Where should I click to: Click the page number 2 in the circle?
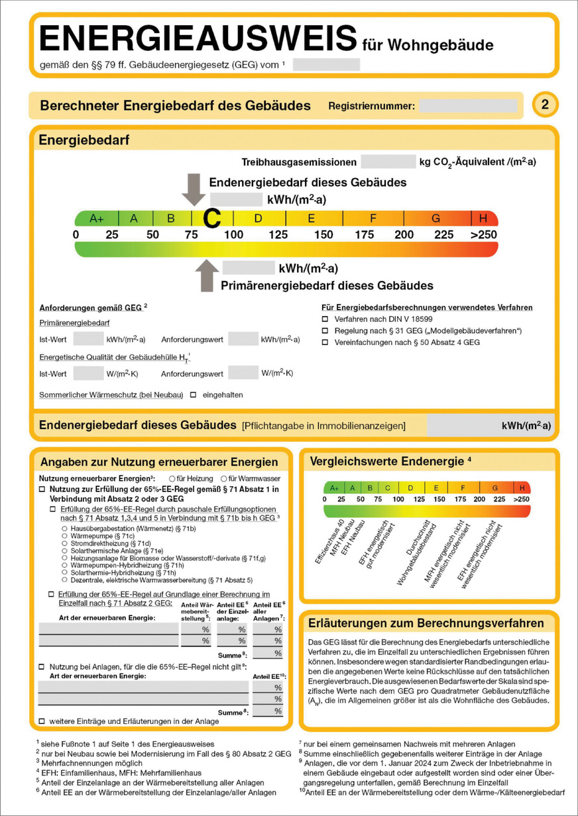click(545, 105)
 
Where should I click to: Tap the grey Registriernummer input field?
click(468, 105)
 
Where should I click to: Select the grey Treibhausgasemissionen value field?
click(388, 162)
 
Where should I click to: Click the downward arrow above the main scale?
click(194, 189)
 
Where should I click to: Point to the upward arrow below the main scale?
click(207, 274)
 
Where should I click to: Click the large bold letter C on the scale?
click(211, 217)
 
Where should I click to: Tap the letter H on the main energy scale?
click(483, 218)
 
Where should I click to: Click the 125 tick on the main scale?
click(278, 235)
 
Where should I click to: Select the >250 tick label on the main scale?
click(483, 235)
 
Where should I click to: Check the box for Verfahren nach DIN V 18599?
click(325, 319)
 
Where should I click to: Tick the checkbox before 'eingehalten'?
click(194, 395)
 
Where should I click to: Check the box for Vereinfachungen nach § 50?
click(325, 342)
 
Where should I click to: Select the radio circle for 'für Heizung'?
click(172, 478)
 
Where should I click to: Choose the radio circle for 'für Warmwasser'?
click(224, 478)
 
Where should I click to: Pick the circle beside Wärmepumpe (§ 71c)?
click(64, 536)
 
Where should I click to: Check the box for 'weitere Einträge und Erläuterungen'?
click(42, 720)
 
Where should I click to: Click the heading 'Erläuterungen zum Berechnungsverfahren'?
click(426, 623)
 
